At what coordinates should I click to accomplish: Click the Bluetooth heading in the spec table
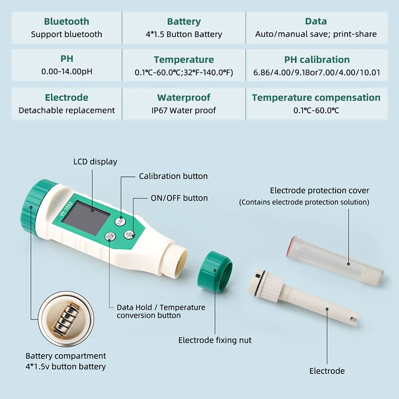(x=66, y=21)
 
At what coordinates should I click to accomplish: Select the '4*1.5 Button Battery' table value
(x=184, y=34)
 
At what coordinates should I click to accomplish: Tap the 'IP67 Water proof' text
(x=184, y=110)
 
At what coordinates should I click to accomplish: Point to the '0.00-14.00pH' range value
(x=66, y=72)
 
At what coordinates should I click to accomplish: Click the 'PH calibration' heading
(x=317, y=60)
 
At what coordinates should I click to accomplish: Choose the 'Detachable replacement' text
(x=66, y=110)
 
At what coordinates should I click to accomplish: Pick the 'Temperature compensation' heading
(x=316, y=98)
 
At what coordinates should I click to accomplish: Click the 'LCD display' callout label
(x=95, y=162)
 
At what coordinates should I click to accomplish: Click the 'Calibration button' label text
(x=173, y=176)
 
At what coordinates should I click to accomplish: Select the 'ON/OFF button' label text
(x=179, y=198)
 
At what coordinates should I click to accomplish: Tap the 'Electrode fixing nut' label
(x=215, y=340)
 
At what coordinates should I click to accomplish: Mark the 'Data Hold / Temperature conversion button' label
(x=161, y=311)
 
